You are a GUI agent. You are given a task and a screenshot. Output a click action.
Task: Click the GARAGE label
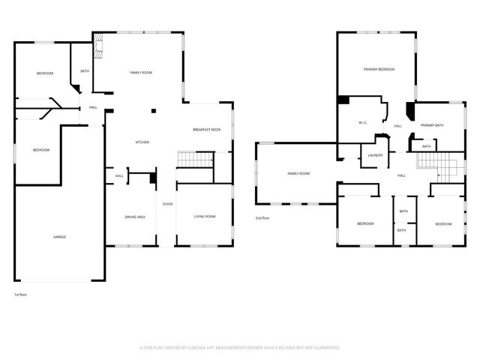59,237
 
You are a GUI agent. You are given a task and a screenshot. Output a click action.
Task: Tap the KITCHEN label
142,142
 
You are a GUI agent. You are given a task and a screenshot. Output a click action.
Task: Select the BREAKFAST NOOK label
206,130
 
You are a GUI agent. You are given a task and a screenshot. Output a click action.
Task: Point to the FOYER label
168,204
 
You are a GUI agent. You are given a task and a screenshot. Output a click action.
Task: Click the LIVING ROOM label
205,217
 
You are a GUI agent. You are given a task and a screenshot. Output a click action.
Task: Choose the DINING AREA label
134,217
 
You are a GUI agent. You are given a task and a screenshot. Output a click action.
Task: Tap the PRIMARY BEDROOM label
379,69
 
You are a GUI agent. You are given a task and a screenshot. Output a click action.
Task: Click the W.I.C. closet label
361,122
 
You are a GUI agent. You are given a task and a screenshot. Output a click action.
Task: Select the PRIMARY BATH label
432,125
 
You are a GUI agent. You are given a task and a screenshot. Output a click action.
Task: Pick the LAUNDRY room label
376,156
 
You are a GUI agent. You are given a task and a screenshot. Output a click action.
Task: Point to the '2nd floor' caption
262,218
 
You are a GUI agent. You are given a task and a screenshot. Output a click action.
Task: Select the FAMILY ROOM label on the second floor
298,173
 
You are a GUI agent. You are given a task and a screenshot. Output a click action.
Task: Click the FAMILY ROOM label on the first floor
141,73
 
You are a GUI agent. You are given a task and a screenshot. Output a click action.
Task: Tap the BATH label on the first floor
85,71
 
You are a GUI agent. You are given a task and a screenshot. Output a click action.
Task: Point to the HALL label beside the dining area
119,176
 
